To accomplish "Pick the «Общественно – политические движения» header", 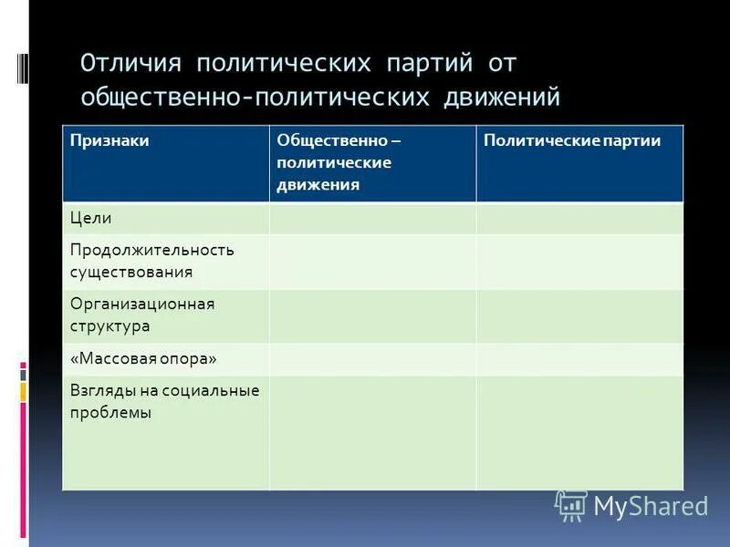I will tap(338, 162).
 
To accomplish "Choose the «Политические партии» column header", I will tap(572, 140).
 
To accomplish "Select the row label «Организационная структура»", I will tap(142, 315).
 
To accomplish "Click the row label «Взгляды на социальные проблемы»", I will tap(164, 401).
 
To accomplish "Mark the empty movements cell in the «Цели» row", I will tap(372, 218).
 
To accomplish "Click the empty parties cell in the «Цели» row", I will tap(579, 218).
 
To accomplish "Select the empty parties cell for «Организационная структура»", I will tap(579, 315).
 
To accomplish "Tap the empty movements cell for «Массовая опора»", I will tap(372, 358).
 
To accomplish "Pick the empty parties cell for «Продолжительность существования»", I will tap(579, 262).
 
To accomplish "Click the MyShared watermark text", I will tap(651, 506).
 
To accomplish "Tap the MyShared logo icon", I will tap(571, 505).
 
